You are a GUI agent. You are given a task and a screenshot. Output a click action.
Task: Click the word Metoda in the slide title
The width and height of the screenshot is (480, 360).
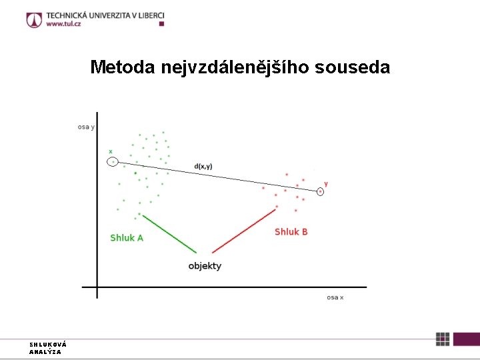(123, 68)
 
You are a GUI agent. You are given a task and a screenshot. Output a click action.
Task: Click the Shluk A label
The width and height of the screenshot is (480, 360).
(127, 238)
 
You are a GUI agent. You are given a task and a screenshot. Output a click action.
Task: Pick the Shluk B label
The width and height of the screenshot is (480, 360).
(291, 232)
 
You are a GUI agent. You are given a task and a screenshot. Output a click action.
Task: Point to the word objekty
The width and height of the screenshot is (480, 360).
(205, 266)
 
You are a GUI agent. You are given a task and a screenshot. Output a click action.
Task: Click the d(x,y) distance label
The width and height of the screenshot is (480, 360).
(203, 166)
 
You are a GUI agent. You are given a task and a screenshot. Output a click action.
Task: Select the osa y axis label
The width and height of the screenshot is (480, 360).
(86, 127)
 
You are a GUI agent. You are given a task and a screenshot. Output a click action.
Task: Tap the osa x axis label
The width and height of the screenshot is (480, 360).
(335, 297)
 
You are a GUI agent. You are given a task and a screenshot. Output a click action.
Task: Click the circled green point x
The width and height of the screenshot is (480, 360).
(113, 161)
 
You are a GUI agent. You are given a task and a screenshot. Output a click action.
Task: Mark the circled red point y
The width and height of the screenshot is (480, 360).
(321, 192)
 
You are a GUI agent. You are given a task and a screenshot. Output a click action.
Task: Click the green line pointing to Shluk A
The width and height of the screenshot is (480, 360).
(169, 233)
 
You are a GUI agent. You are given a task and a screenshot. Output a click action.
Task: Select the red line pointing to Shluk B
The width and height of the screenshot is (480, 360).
(244, 231)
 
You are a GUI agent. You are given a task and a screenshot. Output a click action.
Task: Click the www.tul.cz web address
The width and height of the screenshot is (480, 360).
(63, 23)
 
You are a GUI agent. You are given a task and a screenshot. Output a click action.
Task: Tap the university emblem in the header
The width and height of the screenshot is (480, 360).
(34, 19)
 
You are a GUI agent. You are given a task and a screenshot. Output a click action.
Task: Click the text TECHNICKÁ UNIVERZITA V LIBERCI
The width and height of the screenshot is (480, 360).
(105, 15)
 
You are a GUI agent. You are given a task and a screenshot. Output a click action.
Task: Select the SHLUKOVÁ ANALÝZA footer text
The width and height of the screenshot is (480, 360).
(47, 348)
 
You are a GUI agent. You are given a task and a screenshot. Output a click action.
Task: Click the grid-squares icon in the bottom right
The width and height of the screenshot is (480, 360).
(443, 339)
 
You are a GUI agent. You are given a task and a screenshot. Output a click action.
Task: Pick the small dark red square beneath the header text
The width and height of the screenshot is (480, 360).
(161, 24)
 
